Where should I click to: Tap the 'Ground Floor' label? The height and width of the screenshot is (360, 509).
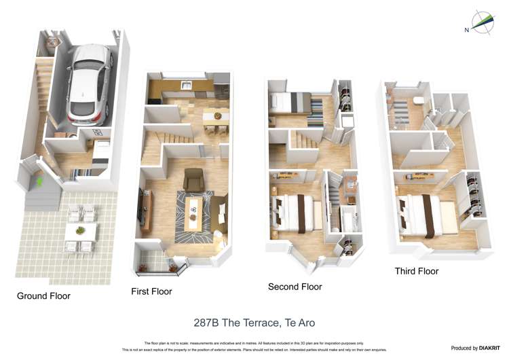[43, 296]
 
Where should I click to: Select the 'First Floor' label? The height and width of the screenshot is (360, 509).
[151, 291]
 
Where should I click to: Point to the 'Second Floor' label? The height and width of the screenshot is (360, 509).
[295, 287]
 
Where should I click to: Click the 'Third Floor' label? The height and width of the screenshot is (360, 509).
[417, 271]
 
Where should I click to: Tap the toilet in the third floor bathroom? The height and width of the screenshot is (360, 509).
[417, 101]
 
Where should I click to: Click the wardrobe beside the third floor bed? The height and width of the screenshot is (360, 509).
[474, 197]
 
